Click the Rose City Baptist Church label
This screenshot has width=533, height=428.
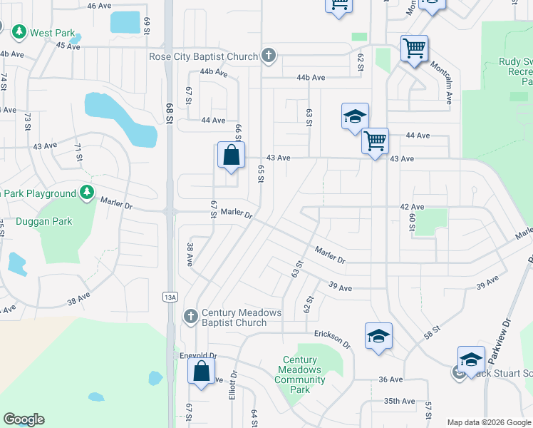[x=204, y=56]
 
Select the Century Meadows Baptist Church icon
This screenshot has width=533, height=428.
[x=190, y=315]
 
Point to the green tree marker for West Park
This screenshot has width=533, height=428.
[x=19, y=32]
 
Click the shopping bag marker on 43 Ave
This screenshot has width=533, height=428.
[x=232, y=156]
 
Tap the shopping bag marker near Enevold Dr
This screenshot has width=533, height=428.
[x=202, y=372]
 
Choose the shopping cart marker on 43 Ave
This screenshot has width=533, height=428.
[x=375, y=141]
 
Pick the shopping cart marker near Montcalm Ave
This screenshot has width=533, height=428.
[x=414, y=49]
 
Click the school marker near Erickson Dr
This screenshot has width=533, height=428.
[x=378, y=337]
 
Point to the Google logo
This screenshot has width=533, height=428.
[x=24, y=419]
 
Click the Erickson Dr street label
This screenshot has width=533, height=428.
[x=333, y=338]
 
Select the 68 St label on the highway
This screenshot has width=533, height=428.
[x=170, y=113]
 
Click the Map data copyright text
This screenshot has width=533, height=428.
[x=489, y=422]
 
